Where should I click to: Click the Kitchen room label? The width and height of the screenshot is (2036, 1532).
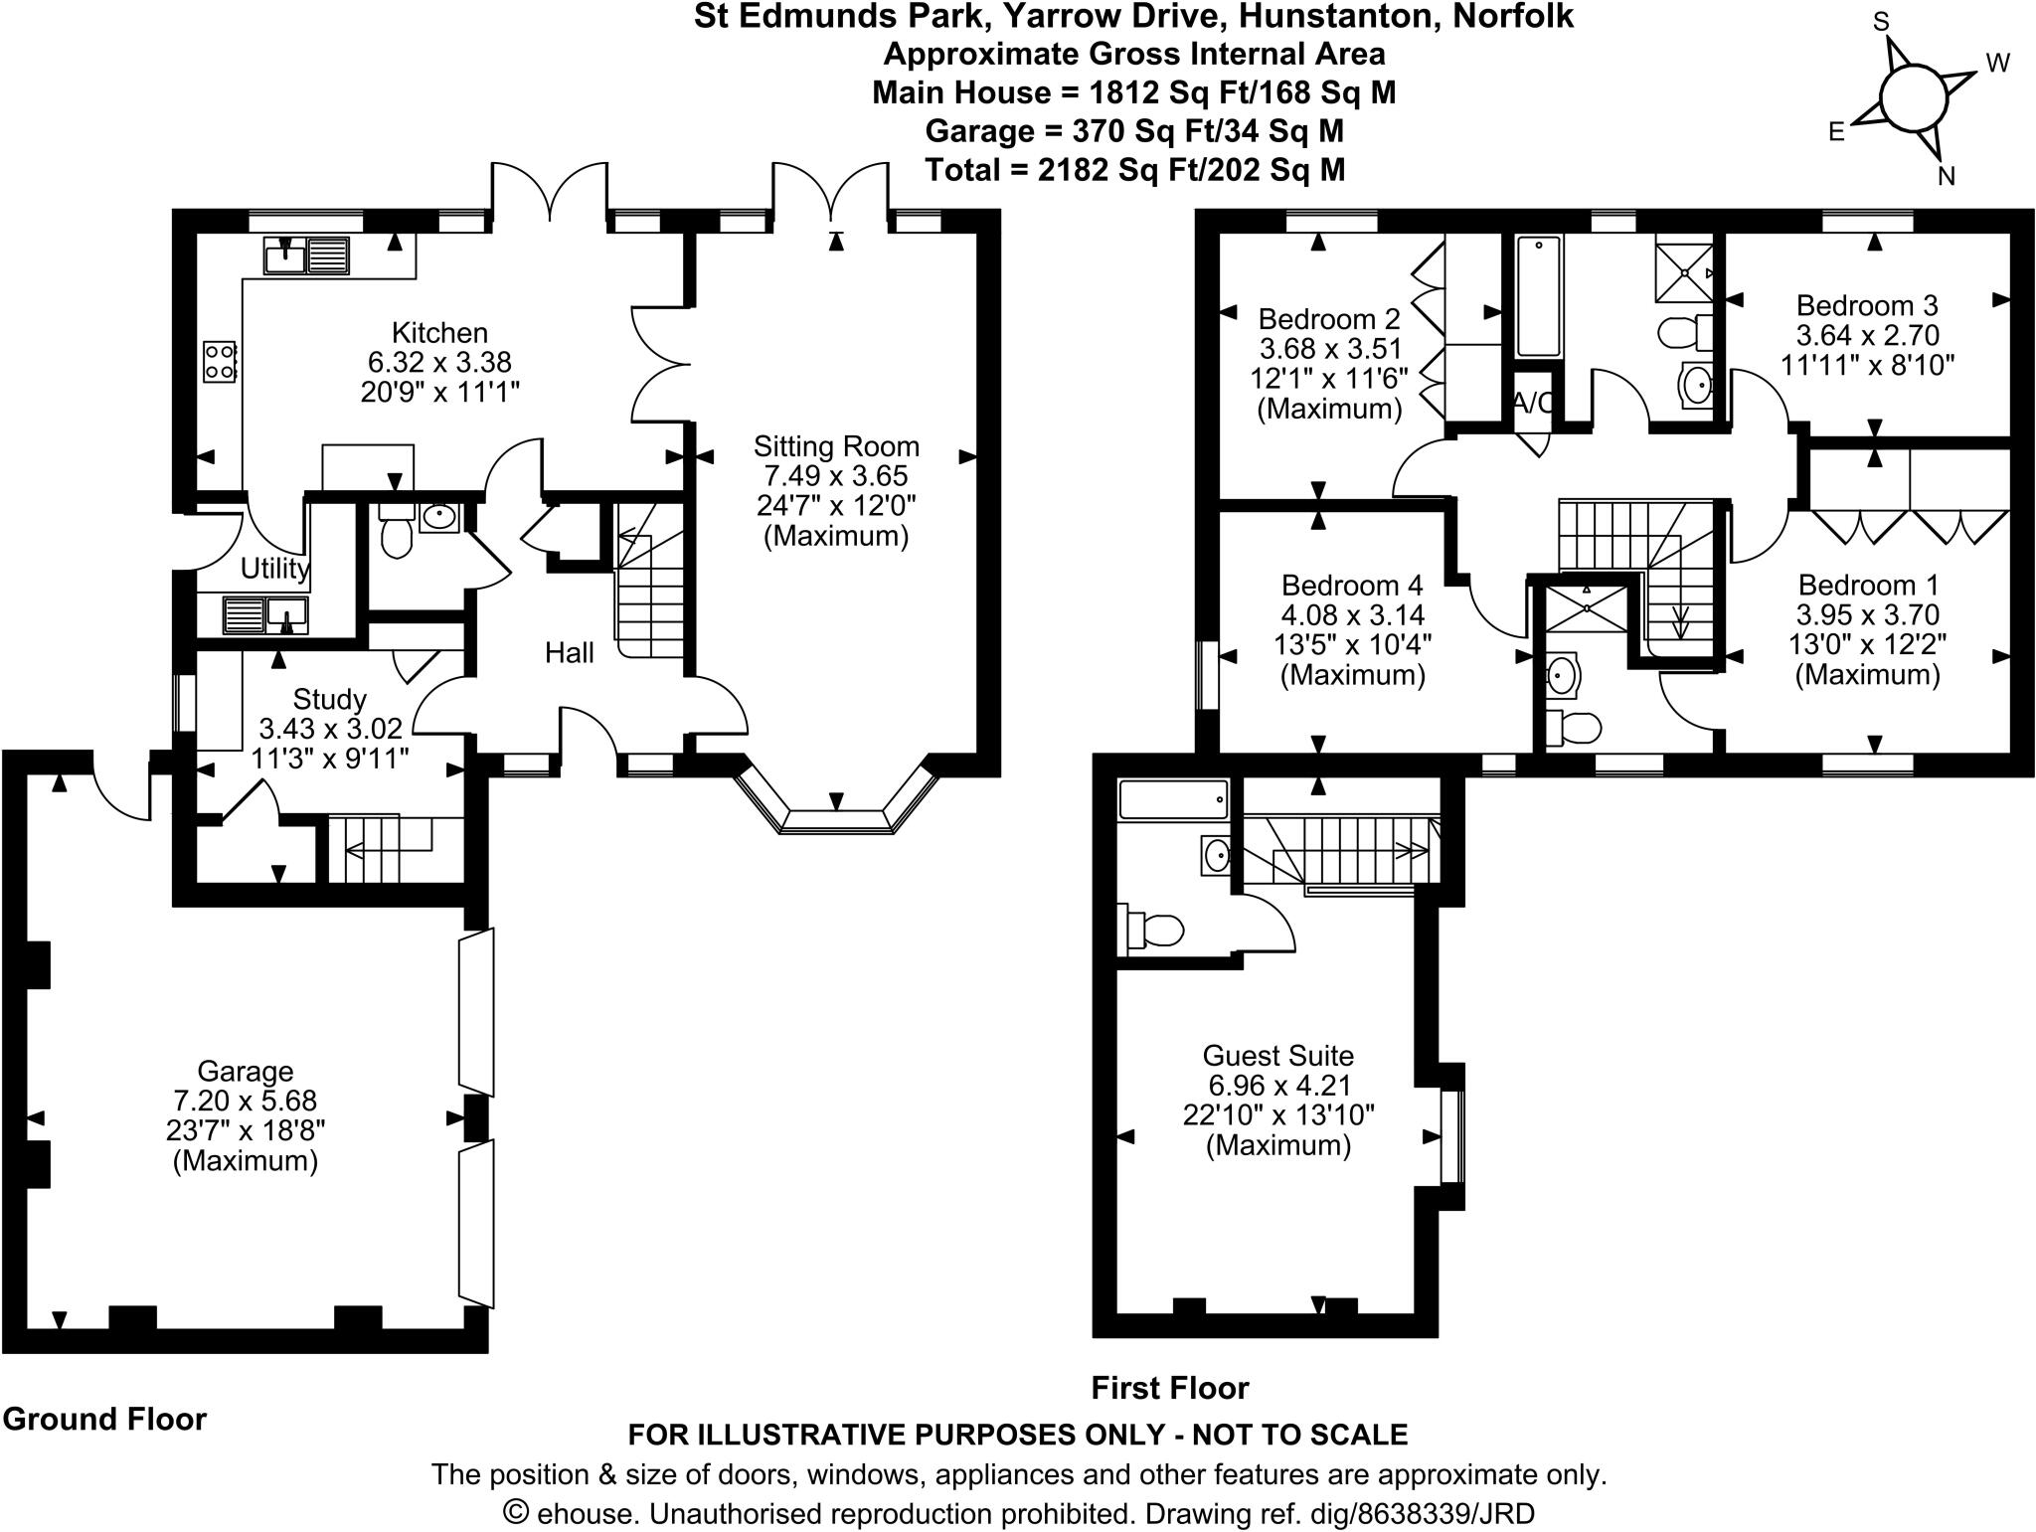coord(439,332)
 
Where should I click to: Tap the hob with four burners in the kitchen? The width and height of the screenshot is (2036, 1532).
coord(219,361)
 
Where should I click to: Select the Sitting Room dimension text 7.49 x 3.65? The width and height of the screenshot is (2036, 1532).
coord(836,476)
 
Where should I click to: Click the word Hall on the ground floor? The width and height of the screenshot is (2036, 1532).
coord(569,652)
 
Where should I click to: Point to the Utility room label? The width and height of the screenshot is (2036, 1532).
coord(274,568)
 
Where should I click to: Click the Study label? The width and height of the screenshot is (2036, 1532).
coord(329,699)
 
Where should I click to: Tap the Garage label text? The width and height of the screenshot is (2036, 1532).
coord(245,1071)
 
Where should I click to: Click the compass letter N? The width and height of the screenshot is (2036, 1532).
coord(1947,177)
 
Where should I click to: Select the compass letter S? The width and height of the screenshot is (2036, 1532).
coord(1881,21)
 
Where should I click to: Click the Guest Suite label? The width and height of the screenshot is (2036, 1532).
coord(1277,1055)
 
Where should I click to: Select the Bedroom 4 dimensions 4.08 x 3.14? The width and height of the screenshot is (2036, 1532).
coord(1352,614)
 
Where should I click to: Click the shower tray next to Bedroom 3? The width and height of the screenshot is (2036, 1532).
coord(1683,271)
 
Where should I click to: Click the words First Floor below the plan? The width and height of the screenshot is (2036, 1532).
coord(1170,1388)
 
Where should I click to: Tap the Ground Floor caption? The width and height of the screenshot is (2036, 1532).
coord(104,1419)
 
